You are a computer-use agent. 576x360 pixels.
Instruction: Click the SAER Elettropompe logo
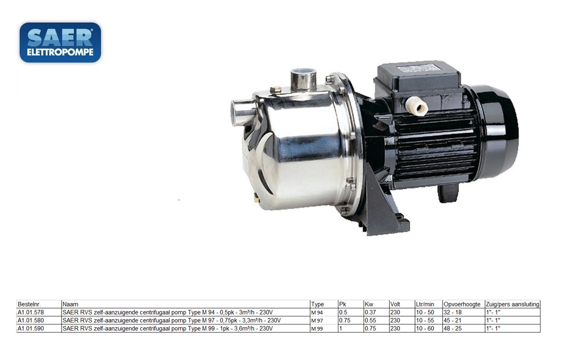click(60, 42)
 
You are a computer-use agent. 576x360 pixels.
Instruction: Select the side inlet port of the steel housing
click(241, 112)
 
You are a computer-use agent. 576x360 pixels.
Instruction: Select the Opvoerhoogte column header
click(462, 305)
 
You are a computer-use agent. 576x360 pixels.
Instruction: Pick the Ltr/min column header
click(425, 305)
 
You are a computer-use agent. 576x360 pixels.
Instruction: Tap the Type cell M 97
click(317, 321)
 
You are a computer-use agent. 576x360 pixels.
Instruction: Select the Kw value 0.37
click(370, 313)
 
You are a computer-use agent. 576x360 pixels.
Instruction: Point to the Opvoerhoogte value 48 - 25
click(453, 328)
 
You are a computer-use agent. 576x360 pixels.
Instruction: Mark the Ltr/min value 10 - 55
click(425, 320)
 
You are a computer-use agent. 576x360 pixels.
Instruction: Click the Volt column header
click(395, 305)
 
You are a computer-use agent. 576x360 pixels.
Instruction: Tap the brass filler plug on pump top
click(275, 89)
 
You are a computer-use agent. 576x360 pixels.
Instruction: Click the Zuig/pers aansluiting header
click(513, 305)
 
